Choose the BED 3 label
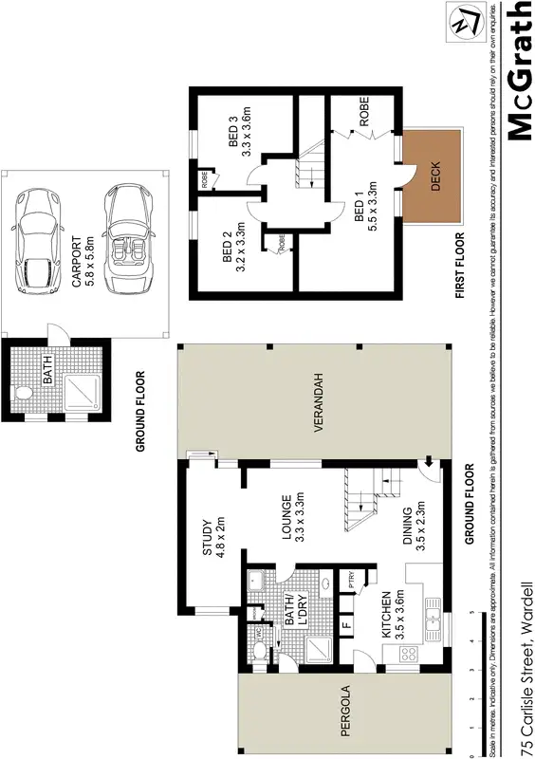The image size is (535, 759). (241, 132)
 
